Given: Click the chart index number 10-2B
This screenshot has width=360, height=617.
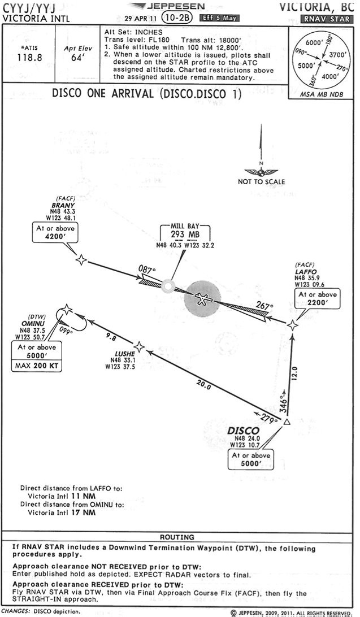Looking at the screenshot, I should [x=176, y=18].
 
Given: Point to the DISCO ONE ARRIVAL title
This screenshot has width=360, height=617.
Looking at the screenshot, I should [x=146, y=94].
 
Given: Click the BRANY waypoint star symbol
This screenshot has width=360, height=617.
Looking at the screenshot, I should [x=82, y=259].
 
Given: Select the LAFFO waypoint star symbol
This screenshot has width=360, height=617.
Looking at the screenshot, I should [x=292, y=325].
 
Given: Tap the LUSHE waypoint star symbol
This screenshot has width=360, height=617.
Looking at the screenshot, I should [x=139, y=346].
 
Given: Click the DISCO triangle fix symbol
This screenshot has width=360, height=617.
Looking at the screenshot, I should [x=287, y=422].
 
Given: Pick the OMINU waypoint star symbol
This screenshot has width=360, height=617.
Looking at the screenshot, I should [x=67, y=309].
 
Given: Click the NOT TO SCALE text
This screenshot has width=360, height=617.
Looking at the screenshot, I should [x=261, y=181].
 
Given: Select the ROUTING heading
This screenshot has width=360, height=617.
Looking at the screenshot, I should [x=178, y=537].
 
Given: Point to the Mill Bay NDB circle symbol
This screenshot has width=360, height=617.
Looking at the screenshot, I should [x=167, y=286].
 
